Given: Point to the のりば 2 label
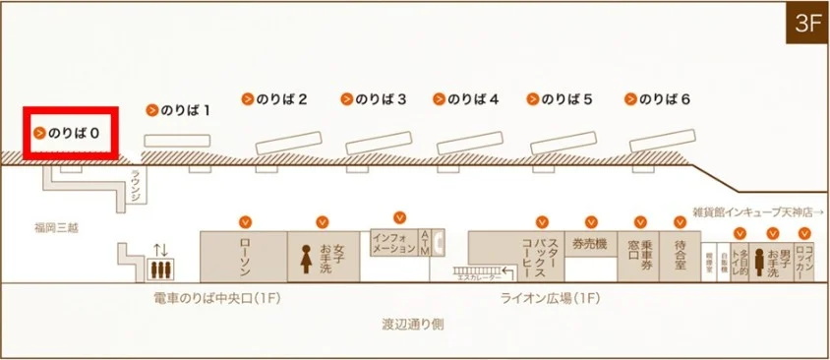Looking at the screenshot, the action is [281, 99].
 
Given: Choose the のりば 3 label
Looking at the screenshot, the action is [380, 99].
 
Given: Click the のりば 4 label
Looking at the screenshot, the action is [473, 99].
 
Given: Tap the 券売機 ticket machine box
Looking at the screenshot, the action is [591, 244].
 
